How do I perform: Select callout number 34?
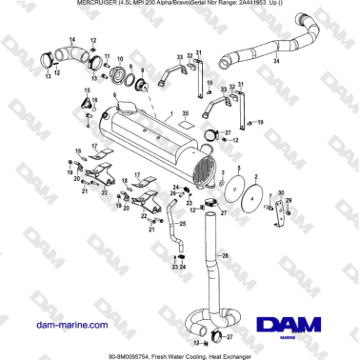[x=276, y=60]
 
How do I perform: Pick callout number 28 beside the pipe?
[x=226, y=255]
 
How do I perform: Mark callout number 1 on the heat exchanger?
[x=172, y=113]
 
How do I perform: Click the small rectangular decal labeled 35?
[x=187, y=123]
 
